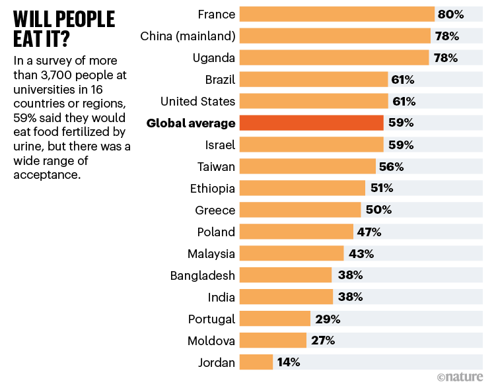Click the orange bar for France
tap(336, 14)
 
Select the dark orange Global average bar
tap(311, 123)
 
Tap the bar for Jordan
tap(256, 362)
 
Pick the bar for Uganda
tap(334, 57)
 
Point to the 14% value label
tap(288, 362)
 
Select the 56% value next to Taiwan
tap(391, 166)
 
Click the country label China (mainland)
tap(188, 36)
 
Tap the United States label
tap(197, 101)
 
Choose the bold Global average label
tap(191, 123)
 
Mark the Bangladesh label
tap(202, 275)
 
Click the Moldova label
tap(212, 340)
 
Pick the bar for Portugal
tap(275, 319)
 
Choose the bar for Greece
tap(300, 210)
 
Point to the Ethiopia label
tap(212, 188)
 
